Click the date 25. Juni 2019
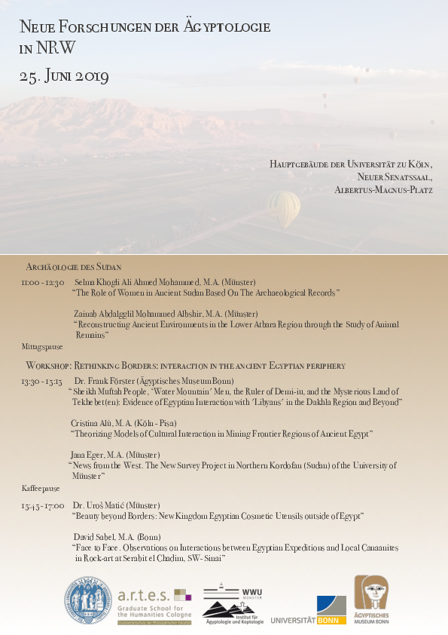[x=65, y=76]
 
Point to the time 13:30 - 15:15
[x=42, y=381]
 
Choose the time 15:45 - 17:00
[x=43, y=505]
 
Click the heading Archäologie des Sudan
[x=74, y=267]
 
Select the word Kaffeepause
[x=41, y=488]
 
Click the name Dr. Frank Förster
[x=106, y=381]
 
